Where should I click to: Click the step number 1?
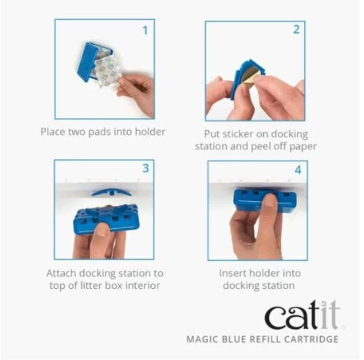click(146, 30)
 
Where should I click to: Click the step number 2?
click(296, 30)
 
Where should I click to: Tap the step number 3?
click(146, 168)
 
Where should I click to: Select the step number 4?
click(298, 170)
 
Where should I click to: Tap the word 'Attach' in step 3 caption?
click(62, 273)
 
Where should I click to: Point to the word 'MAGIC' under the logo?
click(202, 339)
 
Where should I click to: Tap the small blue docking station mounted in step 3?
click(111, 192)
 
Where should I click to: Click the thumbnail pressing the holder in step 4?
click(269, 201)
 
